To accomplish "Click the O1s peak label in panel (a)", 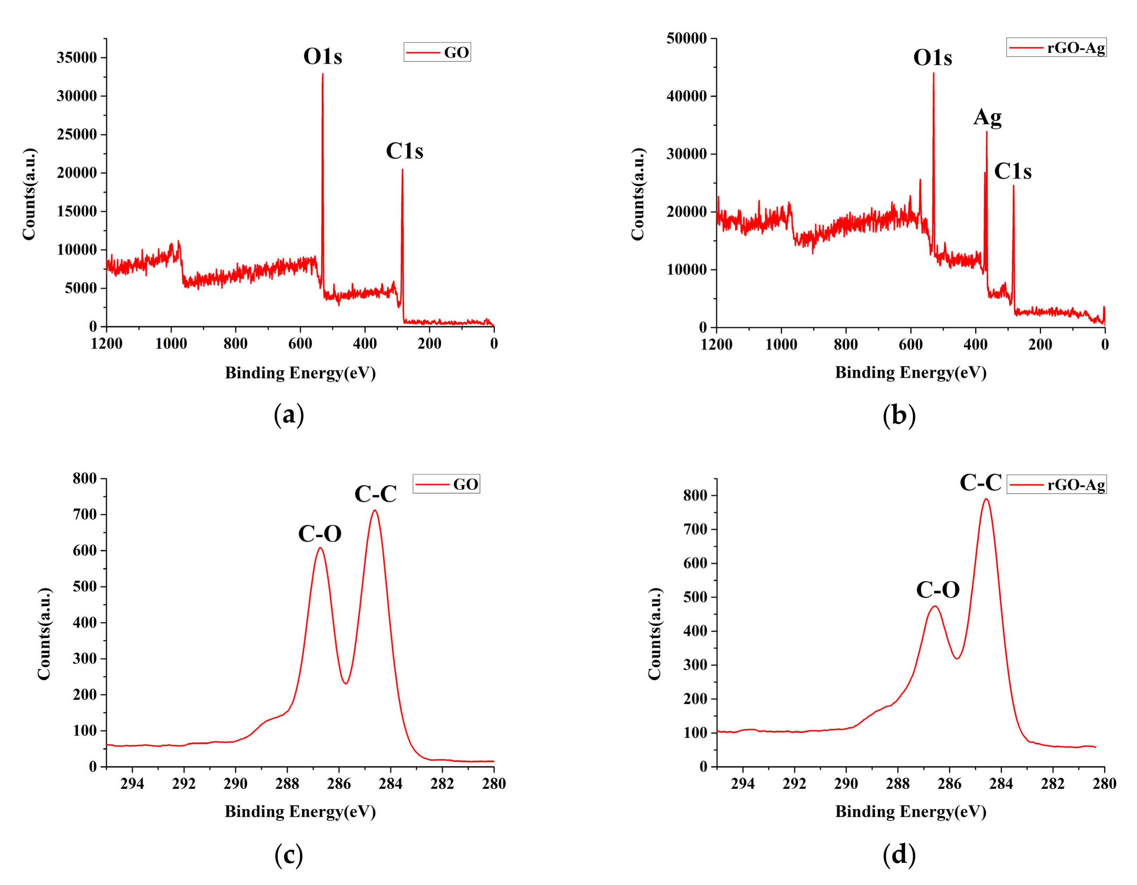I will coord(323,56).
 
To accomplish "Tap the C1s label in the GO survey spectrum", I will coord(404,151).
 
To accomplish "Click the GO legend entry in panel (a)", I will coord(437,52).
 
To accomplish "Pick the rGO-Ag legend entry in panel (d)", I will coord(1056,485).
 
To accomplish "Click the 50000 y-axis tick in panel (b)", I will coord(687,38).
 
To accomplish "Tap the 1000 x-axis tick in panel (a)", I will coord(171,344).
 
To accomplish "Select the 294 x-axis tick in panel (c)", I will coord(132,784).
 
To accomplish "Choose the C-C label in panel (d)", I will coord(980,483).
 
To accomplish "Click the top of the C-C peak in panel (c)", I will coord(374,510).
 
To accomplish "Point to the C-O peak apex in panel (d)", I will coord(935,606).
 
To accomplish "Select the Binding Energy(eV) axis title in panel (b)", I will coord(911,372).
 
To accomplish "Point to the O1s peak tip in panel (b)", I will coord(933,73).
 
